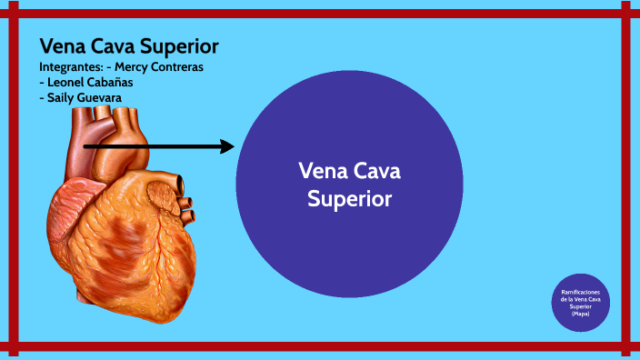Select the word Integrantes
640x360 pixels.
(x=69, y=67)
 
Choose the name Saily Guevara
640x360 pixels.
(x=85, y=97)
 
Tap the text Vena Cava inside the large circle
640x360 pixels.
(x=349, y=172)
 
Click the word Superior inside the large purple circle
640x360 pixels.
(x=349, y=197)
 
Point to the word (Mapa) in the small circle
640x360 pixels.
(x=580, y=314)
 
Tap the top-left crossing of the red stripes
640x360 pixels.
(x=13, y=14)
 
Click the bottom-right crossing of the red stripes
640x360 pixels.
(x=625, y=346)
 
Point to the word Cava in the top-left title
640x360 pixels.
(x=113, y=46)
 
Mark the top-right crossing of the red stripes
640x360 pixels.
(x=625, y=14)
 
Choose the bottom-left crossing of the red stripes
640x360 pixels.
(x=13, y=346)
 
